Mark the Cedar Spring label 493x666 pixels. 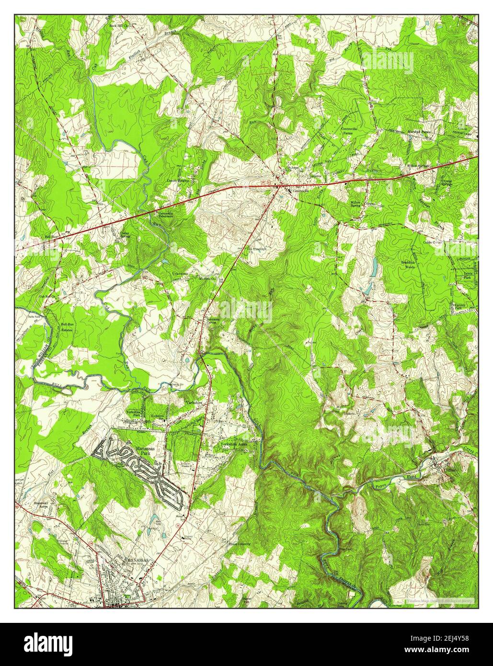pos(125,234)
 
